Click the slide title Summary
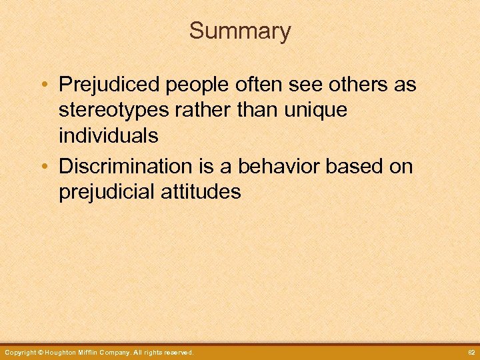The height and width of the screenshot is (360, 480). pyautogui.click(x=240, y=31)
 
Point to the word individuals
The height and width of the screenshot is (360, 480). pyautogui.click(x=109, y=135)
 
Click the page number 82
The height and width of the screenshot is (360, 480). pyautogui.click(x=470, y=352)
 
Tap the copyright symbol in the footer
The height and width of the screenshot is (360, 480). pyautogui.click(x=41, y=352)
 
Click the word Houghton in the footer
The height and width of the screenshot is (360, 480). pyautogui.click(x=63, y=352)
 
